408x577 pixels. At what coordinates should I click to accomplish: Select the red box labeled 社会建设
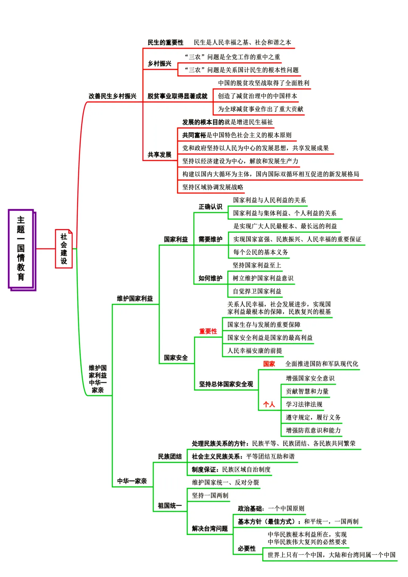coord(63,249)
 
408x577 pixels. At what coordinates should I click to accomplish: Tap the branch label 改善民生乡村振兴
coord(112,96)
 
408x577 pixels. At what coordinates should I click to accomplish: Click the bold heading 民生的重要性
coord(165,42)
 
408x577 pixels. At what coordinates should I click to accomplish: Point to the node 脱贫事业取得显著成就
coord(177,96)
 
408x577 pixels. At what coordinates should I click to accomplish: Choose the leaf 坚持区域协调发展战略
coord(213,187)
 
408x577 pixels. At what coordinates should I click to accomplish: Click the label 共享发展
coord(159,155)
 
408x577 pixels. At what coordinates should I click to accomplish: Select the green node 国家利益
coord(176,239)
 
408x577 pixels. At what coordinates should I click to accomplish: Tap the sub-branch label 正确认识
coord(210,207)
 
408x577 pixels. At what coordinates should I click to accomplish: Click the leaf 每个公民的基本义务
coord(260,252)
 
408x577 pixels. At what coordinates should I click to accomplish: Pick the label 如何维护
coord(210,278)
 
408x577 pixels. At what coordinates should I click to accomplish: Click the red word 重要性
coord(208,331)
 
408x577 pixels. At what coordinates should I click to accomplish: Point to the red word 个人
coord(269,404)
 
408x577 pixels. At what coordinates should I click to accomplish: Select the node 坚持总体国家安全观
coord(226,384)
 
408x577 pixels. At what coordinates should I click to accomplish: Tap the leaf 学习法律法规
coord(304,404)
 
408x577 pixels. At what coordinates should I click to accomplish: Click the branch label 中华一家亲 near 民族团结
coord(132,481)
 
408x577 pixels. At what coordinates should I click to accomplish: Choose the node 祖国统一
coord(170,506)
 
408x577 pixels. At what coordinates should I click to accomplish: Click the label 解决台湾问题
coord(210,528)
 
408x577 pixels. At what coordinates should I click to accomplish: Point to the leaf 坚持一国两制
coord(210,495)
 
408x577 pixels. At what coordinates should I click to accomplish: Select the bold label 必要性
coord(247,548)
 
